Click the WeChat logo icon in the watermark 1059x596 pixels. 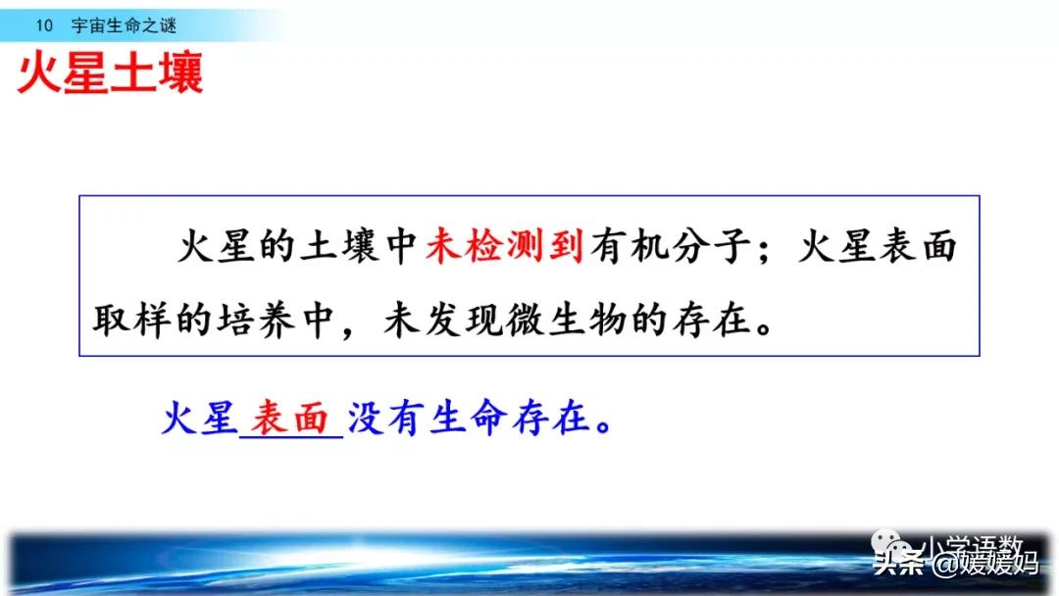898,545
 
